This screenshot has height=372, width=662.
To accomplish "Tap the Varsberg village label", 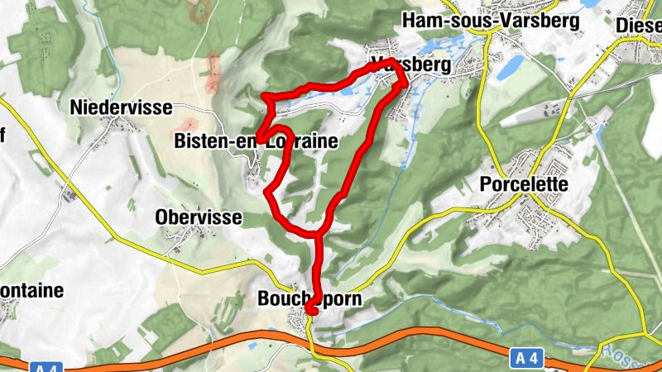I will tap(411, 64).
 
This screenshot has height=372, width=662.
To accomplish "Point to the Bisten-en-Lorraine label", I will tap(256, 142).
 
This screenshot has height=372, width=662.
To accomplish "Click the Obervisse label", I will tap(199, 217).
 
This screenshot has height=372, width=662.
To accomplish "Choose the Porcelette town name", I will tap(524, 184).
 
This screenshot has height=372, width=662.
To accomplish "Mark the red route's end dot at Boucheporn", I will tap(311, 310).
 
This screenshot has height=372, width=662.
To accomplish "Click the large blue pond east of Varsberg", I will tap(510, 64).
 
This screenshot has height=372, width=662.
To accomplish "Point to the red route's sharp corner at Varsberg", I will tap(405, 80).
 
